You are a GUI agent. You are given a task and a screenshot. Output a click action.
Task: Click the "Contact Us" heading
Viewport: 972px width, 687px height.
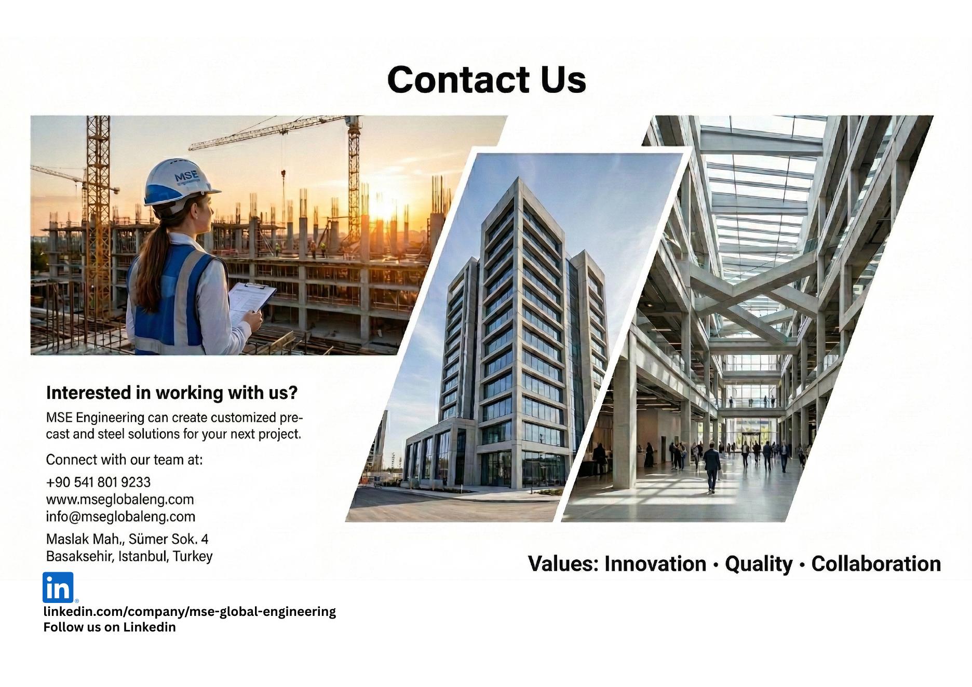coord(487,79)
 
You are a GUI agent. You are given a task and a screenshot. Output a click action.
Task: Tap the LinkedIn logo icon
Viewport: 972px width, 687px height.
coord(58,587)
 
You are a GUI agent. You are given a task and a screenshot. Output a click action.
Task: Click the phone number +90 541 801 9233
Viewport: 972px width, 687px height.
coord(98,482)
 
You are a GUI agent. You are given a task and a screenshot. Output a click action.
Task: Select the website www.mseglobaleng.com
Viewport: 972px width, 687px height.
coord(120,499)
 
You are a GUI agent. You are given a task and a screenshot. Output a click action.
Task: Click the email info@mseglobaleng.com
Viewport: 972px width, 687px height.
coord(120,516)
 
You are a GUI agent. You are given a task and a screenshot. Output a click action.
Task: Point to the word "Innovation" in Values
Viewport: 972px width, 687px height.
coord(655,564)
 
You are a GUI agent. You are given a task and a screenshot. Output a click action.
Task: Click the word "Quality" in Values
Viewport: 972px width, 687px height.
coord(759,564)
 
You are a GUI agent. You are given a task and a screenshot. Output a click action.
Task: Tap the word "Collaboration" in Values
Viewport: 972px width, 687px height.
coord(876,564)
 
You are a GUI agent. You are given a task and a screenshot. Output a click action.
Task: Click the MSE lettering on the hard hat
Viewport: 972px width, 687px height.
coord(186,176)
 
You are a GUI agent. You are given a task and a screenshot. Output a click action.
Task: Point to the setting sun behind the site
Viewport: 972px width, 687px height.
coord(384,208)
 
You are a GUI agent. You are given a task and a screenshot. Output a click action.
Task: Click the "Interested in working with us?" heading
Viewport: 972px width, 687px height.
coord(172,393)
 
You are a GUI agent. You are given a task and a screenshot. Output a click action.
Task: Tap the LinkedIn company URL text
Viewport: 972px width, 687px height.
coord(190,611)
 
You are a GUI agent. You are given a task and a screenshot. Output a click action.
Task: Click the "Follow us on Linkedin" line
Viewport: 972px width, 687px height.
coord(110,627)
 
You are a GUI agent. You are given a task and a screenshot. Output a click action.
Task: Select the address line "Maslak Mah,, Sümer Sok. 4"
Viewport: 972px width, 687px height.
coord(127,539)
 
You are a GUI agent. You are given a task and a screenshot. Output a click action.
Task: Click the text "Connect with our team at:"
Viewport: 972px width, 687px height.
coord(124,459)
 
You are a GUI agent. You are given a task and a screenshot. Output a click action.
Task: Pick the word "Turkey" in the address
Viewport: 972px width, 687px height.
coord(193,556)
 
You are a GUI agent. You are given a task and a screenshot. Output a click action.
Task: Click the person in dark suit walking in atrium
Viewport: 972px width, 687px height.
coord(712,467)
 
